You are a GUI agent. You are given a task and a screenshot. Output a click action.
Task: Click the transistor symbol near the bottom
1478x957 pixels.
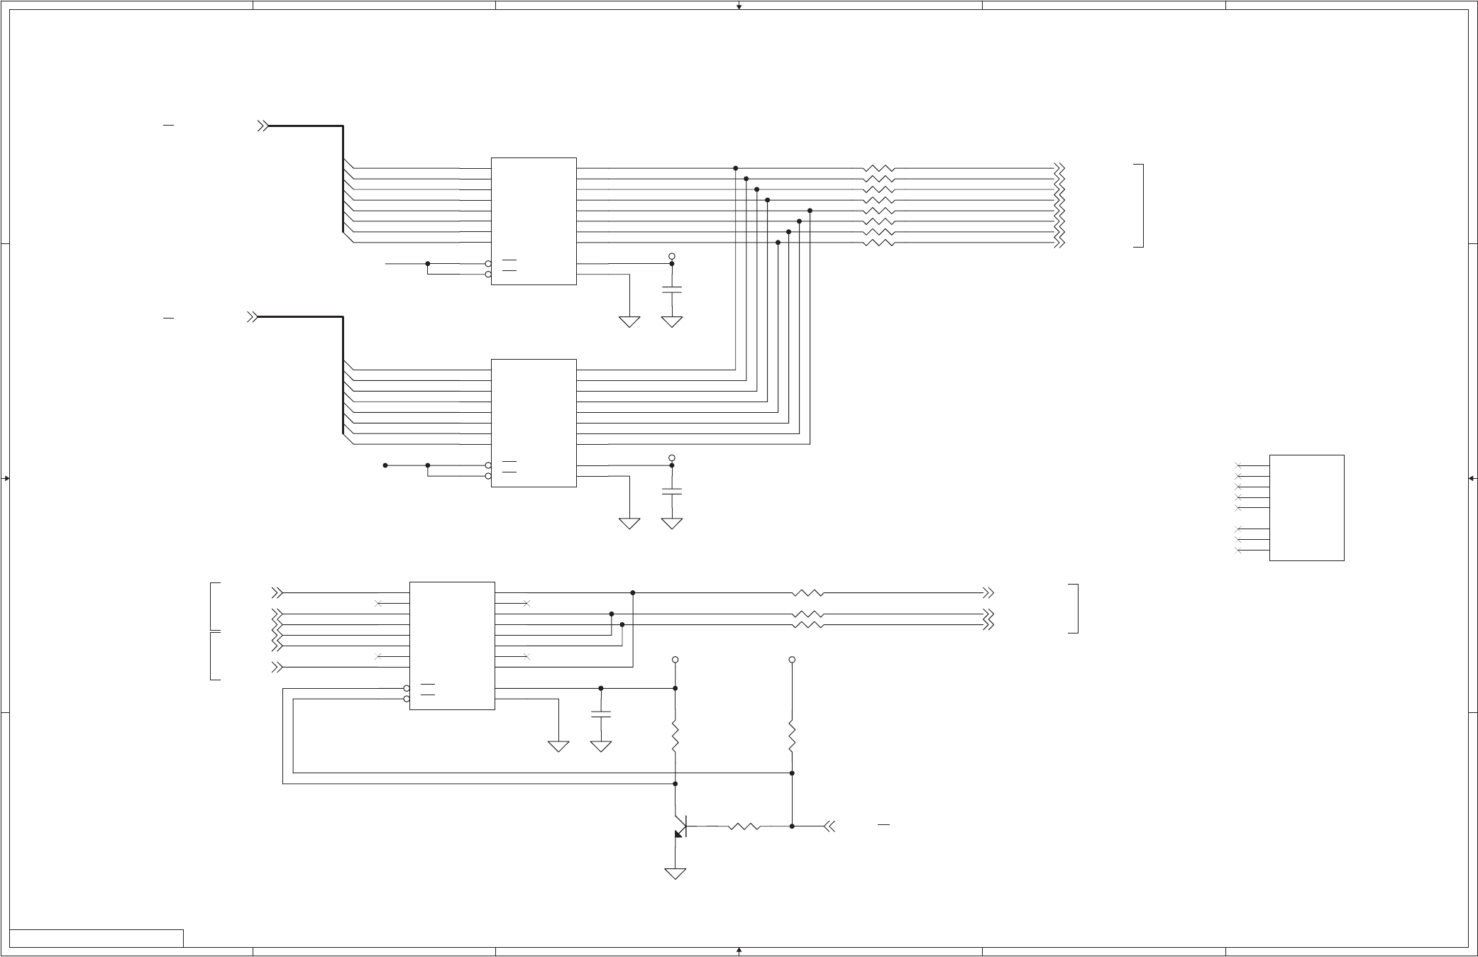[680, 826]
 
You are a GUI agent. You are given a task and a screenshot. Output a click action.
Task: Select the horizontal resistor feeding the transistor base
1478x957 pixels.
[744, 826]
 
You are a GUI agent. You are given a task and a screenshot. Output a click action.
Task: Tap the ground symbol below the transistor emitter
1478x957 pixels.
[675, 873]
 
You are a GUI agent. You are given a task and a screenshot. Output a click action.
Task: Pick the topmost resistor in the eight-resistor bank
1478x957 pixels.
[878, 169]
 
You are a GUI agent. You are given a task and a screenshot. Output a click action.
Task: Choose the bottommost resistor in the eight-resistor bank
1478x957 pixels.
[878, 243]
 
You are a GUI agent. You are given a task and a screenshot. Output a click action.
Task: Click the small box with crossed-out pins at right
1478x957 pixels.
[1306, 507]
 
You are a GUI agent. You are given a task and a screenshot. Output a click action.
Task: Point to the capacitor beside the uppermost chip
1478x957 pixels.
[671, 289]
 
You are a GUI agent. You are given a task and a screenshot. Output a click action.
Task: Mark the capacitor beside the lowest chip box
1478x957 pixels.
[601, 714]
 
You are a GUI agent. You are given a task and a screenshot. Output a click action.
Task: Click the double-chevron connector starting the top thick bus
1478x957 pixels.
[263, 126]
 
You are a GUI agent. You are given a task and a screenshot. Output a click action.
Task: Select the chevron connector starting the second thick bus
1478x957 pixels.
[252, 317]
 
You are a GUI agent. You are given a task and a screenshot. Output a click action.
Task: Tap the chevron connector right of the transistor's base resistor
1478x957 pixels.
[829, 826]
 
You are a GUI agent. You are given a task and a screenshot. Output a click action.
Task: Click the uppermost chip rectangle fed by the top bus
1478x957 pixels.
[534, 221]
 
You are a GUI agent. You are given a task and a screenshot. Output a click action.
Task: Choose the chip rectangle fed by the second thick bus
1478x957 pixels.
[534, 423]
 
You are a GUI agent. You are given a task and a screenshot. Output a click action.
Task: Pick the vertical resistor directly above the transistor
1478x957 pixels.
[675, 738]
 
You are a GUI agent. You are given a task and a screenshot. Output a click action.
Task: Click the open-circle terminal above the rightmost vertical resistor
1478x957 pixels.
[792, 660]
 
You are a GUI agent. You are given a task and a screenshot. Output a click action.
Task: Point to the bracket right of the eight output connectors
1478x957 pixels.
[1141, 206]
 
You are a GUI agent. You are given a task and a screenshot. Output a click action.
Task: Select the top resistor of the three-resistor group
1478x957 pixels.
[807, 593]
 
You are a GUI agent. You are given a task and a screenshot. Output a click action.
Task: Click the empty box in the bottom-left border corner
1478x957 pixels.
[96, 938]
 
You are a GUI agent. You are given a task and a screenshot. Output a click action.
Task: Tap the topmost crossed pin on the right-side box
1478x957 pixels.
[1239, 465]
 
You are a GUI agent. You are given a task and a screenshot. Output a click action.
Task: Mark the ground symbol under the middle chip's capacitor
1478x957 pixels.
[671, 524]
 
